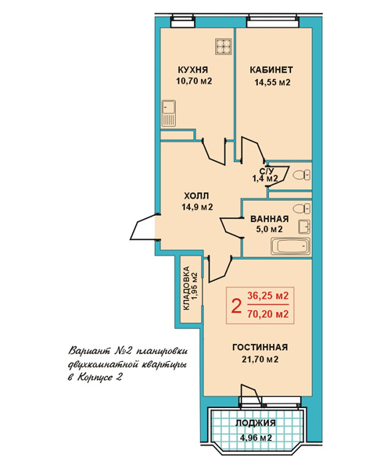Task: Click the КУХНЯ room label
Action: (192, 70)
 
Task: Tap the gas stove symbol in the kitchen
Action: (223, 47)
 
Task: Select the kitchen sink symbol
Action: (169, 113)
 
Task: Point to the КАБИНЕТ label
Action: (271, 70)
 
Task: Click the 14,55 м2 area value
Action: (273, 82)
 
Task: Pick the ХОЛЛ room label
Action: (196, 196)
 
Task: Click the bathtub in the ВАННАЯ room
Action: (290, 246)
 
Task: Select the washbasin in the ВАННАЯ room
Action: (304, 227)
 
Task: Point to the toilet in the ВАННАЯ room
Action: (302, 209)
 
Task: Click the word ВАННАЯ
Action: (270, 219)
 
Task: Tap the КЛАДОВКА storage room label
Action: (186, 288)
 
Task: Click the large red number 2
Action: (236, 306)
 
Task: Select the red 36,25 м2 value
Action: (267, 295)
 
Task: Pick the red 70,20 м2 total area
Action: (267, 314)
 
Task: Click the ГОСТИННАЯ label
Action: (260, 347)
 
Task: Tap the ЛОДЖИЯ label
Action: (256, 423)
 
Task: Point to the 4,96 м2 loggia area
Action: (256, 438)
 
